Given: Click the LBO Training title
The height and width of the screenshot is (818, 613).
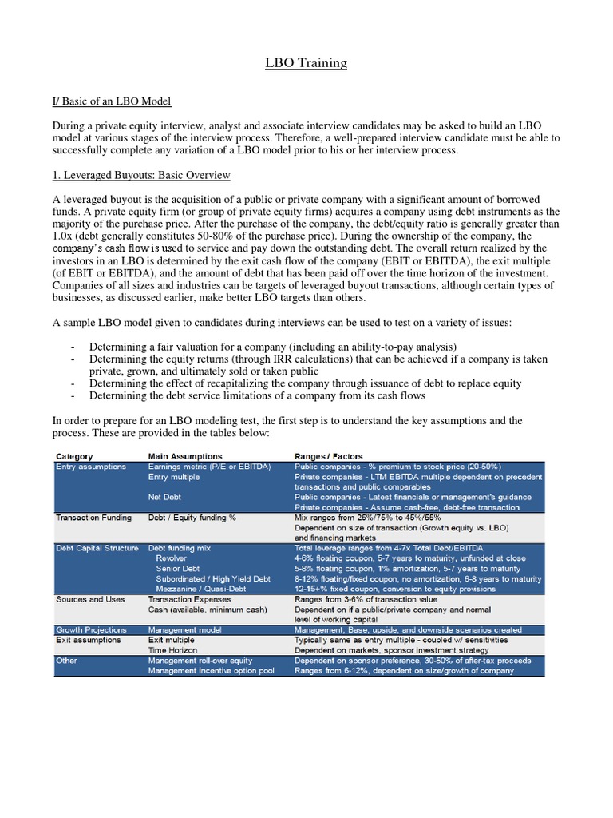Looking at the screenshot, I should tap(306, 63).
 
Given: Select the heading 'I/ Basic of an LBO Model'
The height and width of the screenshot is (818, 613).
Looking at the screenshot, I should tap(112, 101).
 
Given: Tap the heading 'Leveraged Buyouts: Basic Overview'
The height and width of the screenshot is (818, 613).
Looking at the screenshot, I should tap(141, 175).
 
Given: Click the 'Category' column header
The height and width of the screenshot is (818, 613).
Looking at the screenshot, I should tap(74, 456).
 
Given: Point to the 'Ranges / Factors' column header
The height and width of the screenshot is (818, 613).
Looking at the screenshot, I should tap(328, 456).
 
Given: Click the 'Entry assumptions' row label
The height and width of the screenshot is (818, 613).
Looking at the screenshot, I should tap(90, 467).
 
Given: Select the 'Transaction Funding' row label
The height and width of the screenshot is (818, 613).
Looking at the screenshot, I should tap(93, 518).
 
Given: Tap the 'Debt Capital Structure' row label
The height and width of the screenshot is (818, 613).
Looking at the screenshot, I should tap(97, 548).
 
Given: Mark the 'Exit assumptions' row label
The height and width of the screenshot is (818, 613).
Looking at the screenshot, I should tap(88, 641).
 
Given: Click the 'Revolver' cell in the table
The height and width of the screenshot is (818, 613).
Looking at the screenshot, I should tap(172, 558).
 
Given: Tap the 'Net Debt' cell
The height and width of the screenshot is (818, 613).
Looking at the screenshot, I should tap(166, 497).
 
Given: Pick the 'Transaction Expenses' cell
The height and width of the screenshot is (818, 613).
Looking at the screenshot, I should tap(189, 599).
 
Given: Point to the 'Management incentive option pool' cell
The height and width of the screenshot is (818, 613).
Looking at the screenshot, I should tap(211, 671).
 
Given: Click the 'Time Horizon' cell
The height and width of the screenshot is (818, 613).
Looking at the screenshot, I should tap(173, 650).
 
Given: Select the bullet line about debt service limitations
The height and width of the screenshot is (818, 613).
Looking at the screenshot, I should tap(257, 395).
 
